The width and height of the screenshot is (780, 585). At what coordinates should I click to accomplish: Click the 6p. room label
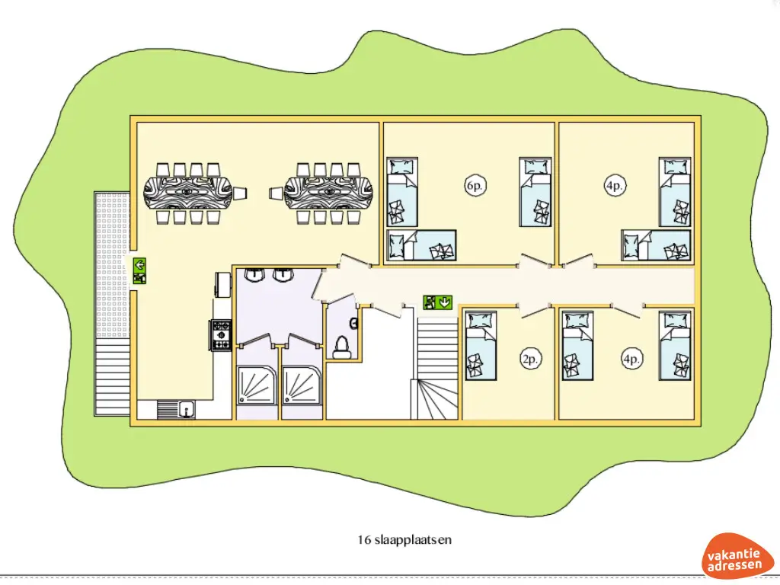click(474, 185)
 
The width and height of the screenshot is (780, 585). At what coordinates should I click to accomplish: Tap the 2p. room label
click(530, 358)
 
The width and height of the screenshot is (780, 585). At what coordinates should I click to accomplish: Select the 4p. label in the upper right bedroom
click(615, 185)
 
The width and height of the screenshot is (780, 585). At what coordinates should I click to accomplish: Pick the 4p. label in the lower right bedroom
click(631, 358)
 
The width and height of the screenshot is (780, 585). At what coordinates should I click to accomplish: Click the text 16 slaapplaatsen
click(404, 540)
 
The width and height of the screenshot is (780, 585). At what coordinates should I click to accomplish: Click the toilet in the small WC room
click(342, 347)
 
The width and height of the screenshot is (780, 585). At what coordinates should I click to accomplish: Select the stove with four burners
click(221, 335)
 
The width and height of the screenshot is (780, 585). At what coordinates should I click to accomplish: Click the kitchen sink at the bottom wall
click(177, 410)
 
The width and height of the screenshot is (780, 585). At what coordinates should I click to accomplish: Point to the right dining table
click(329, 193)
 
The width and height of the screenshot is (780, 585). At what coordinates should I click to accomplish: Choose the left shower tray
click(257, 385)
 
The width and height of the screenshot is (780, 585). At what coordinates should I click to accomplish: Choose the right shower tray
click(302, 385)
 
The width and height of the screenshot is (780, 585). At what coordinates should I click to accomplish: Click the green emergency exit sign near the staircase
click(438, 302)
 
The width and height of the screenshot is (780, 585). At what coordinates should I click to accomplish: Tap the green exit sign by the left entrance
click(140, 270)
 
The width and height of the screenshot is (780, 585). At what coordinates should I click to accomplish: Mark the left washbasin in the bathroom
click(253, 275)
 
